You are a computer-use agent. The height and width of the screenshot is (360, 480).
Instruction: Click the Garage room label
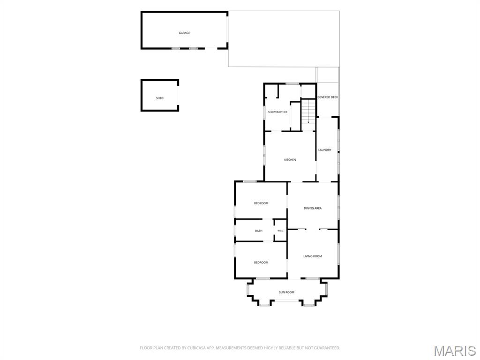tap(184, 33)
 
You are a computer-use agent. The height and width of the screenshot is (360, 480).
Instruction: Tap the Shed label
tap(160, 98)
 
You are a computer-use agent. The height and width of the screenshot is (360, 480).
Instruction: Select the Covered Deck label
tap(328, 97)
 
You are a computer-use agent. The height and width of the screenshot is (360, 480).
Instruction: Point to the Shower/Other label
tap(277, 112)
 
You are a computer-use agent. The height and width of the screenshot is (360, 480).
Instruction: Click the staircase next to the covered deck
tap(308, 111)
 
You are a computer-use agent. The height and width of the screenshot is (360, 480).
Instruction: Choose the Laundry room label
tap(325, 150)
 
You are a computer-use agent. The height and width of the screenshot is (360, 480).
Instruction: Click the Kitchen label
tap(290, 160)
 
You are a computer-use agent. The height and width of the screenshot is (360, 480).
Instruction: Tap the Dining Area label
tap(313, 209)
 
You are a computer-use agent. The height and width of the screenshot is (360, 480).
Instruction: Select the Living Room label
tap(313, 256)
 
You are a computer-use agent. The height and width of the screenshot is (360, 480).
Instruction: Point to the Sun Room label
tap(286, 292)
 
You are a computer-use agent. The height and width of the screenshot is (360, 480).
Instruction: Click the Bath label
tap(259, 231)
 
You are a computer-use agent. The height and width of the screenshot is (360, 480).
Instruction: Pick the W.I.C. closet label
tap(280, 231)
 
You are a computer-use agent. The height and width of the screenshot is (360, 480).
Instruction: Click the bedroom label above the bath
tap(261, 203)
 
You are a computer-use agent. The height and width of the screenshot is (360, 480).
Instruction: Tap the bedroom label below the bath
tap(261, 262)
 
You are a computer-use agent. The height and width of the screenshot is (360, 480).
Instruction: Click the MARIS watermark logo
tap(455, 351)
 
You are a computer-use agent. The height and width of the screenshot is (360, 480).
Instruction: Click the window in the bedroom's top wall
tap(250, 181)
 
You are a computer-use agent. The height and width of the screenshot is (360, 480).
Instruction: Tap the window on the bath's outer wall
tap(235, 230)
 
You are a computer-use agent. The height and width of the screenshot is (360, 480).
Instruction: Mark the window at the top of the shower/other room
tap(292, 83)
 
